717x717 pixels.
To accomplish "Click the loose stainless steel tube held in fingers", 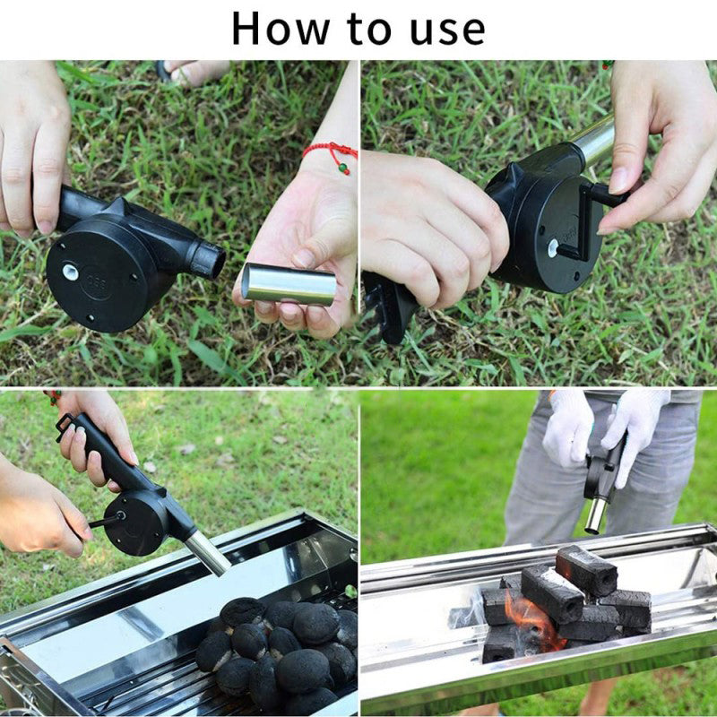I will click(289, 284).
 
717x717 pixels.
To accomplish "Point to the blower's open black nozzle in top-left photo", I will click(208, 259).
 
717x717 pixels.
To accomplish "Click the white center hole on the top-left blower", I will click(69, 270).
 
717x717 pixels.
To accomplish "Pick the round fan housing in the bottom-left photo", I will click(134, 521).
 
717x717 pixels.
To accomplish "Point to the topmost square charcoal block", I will click(586, 569).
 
